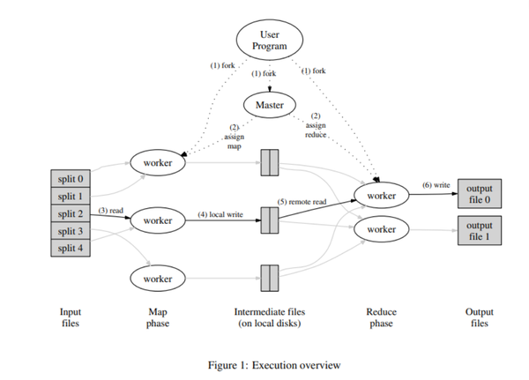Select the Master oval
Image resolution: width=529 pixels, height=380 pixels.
click(270, 105)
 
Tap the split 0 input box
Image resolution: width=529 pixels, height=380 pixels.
click(70, 179)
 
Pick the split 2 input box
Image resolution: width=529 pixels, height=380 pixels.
click(70, 213)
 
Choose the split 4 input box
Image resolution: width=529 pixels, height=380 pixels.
click(70, 248)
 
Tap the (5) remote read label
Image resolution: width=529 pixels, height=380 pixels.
click(302, 202)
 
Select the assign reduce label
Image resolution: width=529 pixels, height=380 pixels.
click(316, 131)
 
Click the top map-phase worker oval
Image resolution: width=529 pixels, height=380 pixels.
click(158, 162)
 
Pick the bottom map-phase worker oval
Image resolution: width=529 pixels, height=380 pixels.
click(158, 278)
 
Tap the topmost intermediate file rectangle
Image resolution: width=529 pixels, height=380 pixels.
click(270, 162)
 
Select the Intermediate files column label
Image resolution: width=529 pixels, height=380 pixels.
click(270, 317)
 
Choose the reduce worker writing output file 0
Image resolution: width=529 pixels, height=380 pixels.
click(382, 195)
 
